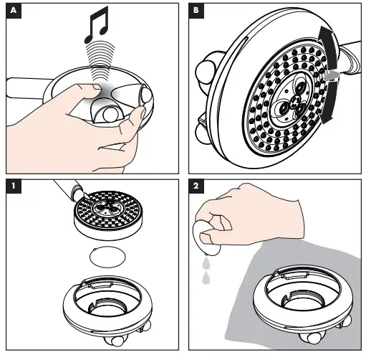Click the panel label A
point(12,11)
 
